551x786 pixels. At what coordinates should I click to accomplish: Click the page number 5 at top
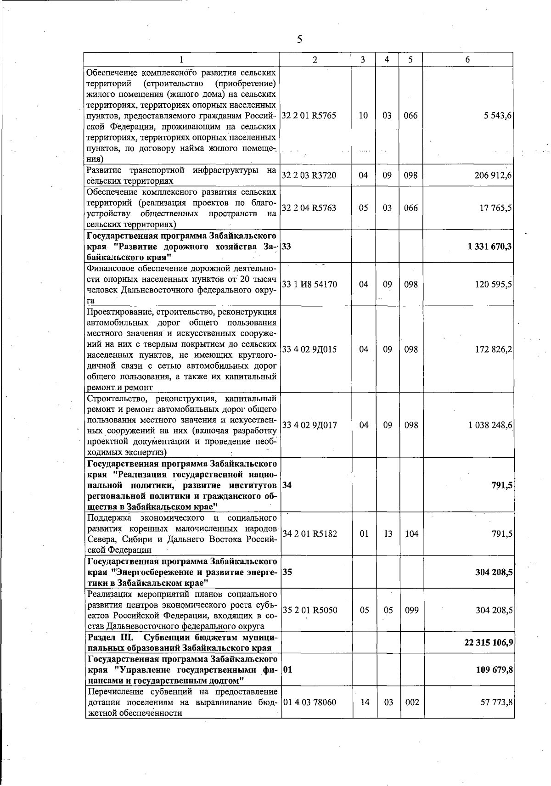click(299, 39)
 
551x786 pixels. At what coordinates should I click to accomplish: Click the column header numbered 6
click(467, 60)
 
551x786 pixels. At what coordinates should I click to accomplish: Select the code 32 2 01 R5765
click(309, 116)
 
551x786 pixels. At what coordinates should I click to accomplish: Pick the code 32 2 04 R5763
click(309, 208)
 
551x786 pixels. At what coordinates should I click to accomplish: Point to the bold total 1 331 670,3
click(490, 247)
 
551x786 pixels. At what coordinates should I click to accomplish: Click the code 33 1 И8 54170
click(309, 285)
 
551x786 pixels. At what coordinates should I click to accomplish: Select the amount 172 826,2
click(494, 349)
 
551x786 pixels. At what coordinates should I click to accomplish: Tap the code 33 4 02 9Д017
click(309, 425)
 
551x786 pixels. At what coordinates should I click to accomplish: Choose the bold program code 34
click(287, 485)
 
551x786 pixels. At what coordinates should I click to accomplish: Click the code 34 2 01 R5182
click(309, 534)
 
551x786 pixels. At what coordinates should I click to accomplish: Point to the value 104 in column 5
click(411, 534)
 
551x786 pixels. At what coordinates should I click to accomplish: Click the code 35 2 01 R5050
click(309, 610)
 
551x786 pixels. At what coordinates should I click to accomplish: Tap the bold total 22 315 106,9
click(489, 642)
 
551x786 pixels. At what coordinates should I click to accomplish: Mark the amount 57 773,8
click(496, 702)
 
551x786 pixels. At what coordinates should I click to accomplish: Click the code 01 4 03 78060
click(309, 702)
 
